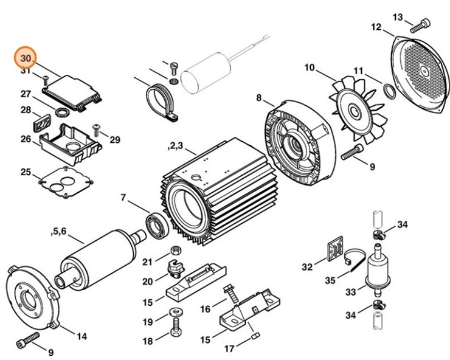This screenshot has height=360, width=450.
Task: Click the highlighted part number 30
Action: [26, 58]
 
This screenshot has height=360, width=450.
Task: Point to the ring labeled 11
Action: [387, 92]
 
